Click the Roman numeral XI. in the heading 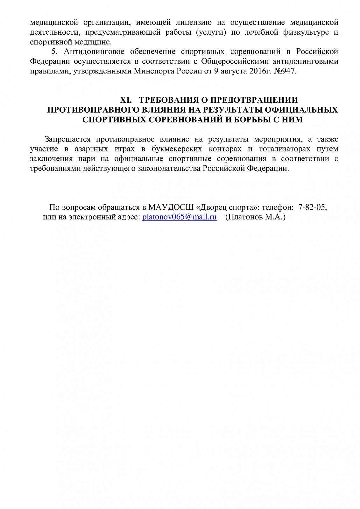126,100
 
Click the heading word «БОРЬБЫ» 258,120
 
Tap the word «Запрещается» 68,139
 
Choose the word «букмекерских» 177,149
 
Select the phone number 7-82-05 312,207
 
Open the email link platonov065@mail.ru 180,217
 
